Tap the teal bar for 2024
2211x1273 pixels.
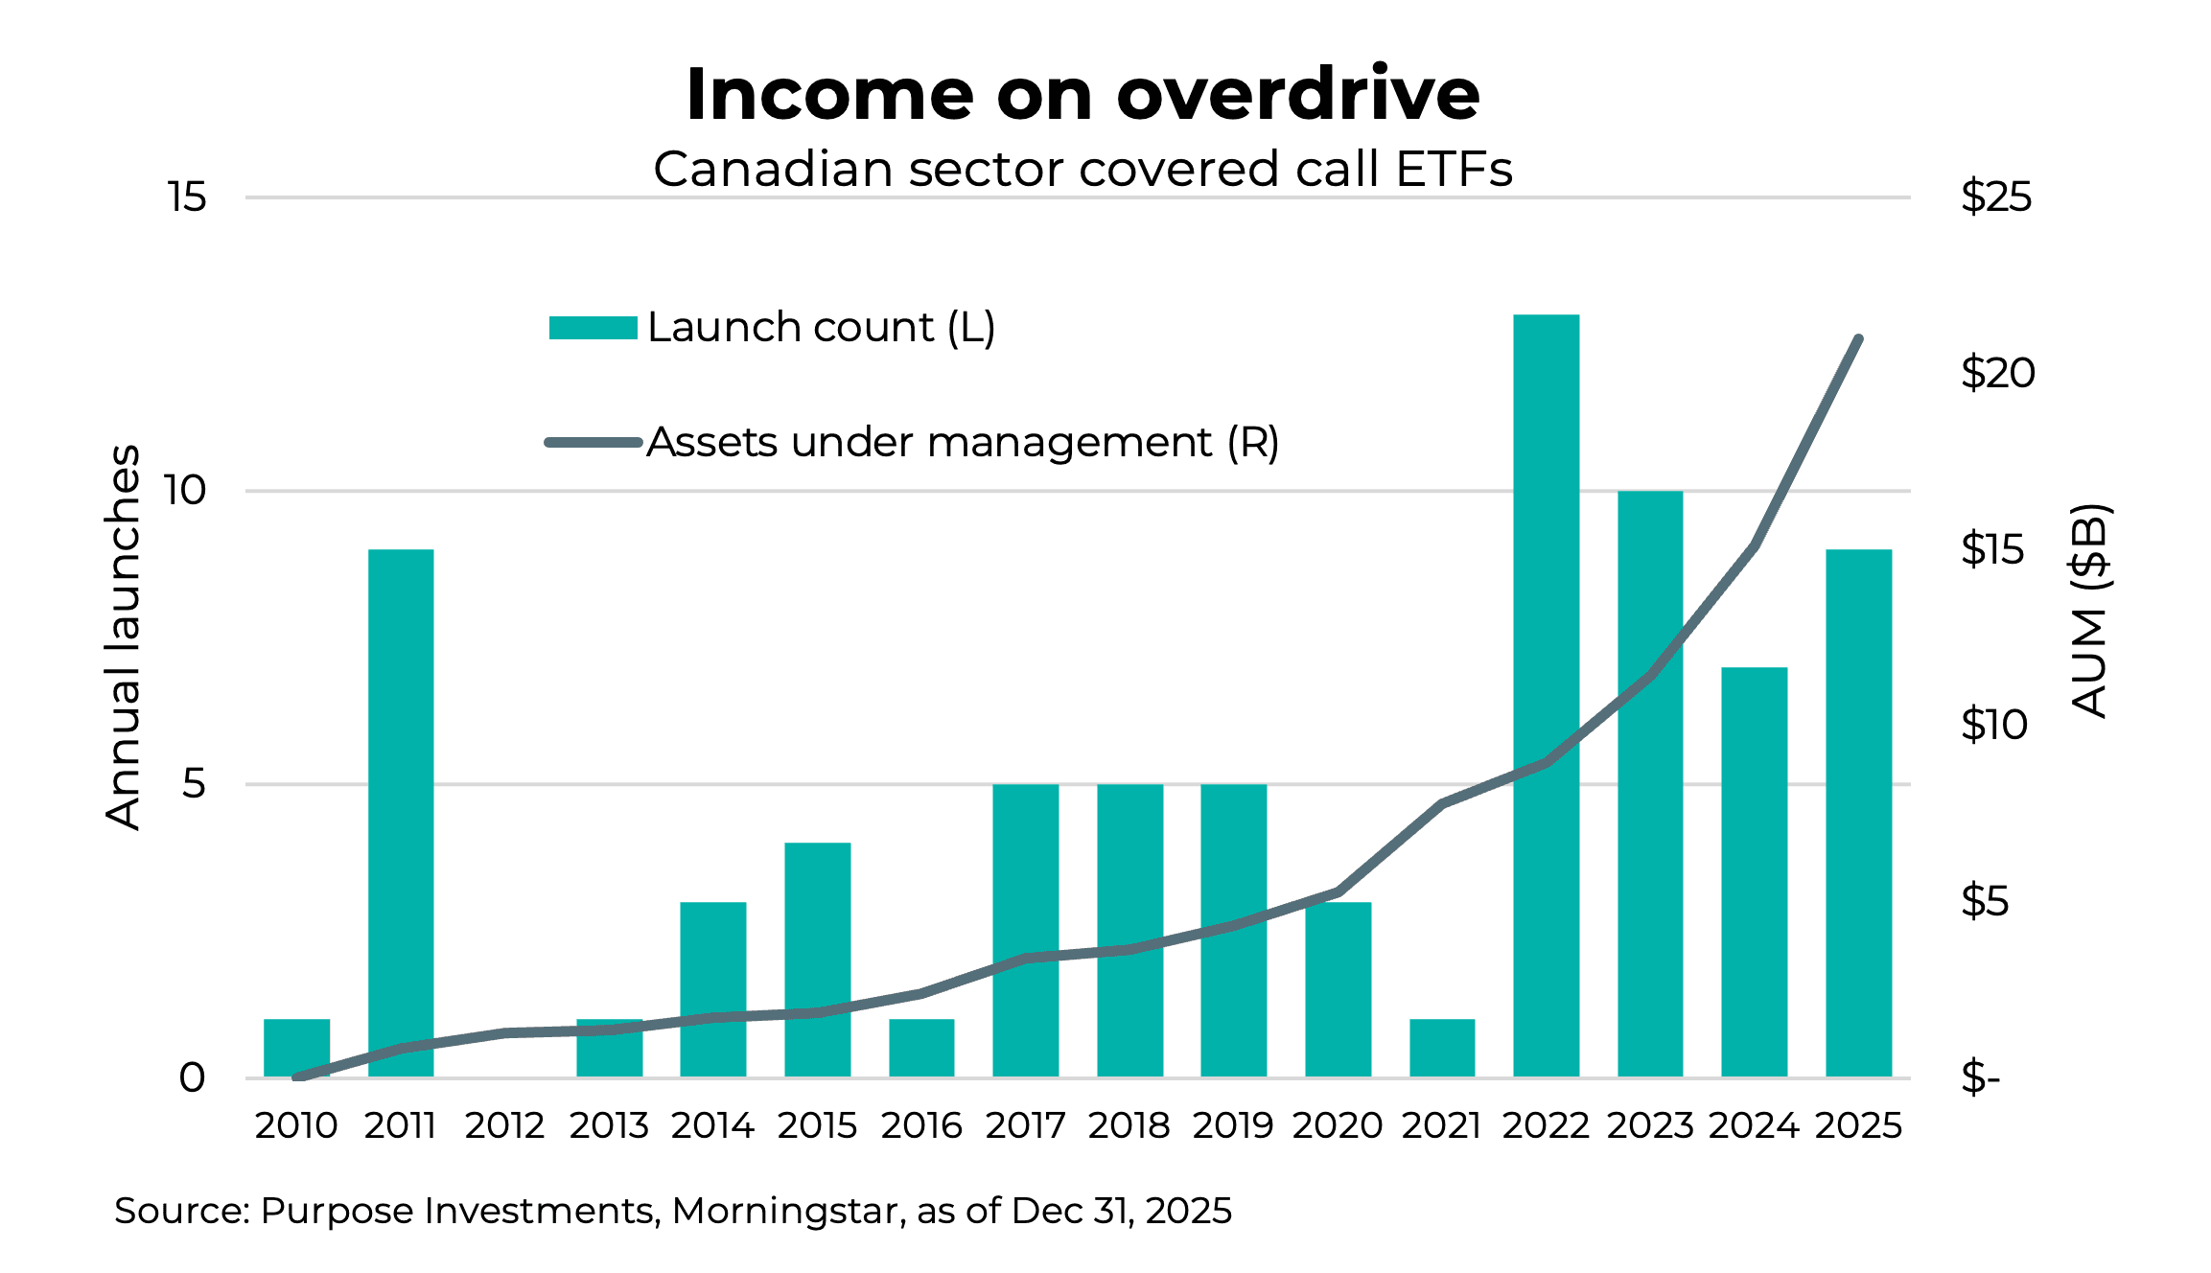1754,872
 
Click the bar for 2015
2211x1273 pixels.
817,959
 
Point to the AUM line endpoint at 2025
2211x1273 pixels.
1858,339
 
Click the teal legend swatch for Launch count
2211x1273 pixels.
593,328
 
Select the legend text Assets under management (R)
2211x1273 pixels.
963,443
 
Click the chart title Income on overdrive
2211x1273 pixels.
1082,94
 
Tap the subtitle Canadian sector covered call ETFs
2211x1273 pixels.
1082,170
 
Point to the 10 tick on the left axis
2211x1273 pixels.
185,491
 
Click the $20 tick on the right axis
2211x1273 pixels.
1997,373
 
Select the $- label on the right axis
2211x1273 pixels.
1980,1078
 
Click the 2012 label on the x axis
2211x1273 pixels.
504,1125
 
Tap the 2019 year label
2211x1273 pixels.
1233,1125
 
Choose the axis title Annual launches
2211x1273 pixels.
123,636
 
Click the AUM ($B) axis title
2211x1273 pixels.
2090,611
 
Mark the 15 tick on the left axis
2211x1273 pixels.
187,197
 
